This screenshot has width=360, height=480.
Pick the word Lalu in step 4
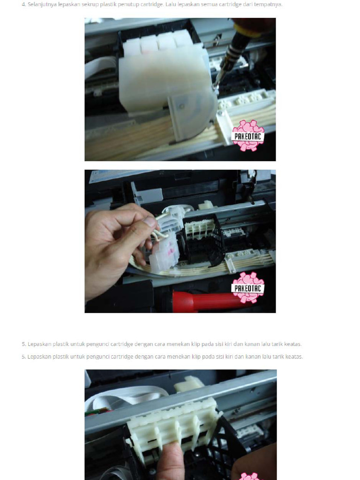pos(170,5)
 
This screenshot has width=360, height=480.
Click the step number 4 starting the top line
pos(23,5)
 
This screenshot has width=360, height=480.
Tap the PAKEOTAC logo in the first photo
pos(248,136)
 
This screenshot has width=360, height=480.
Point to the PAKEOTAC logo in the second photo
pos(248,287)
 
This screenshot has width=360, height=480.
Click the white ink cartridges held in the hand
pos(164,248)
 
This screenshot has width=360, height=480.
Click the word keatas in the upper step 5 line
pos(293,344)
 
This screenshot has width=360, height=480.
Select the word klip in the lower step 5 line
pos(196,357)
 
